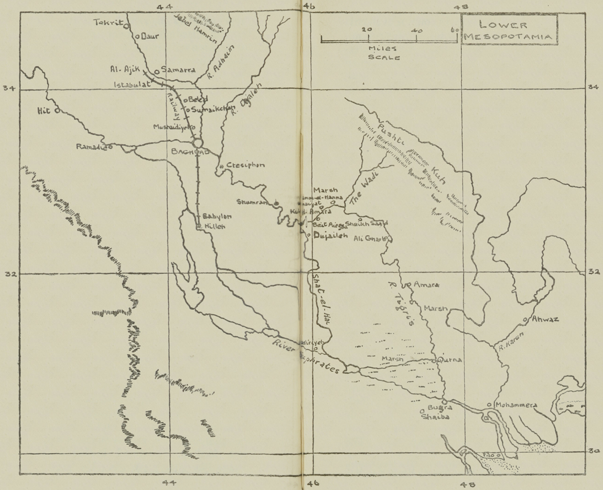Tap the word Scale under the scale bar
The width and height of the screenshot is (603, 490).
click(x=384, y=58)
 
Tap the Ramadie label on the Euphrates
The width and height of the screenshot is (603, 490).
click(x=91, y=147)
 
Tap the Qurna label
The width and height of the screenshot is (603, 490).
click(x=449, y=360)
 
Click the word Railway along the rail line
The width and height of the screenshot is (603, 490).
click(x=173, y=104)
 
